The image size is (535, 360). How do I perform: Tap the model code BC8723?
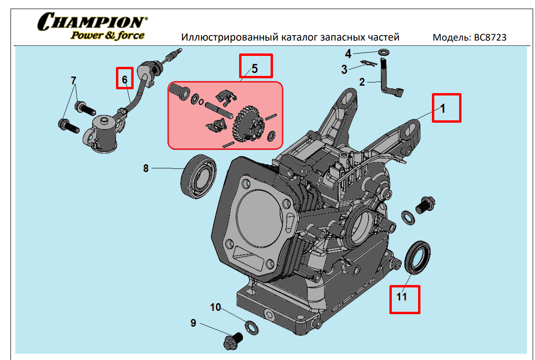point(490,37)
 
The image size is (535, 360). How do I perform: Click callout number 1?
point(442,108)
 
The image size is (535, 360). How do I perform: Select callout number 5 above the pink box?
point(255,68)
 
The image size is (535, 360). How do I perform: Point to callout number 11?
point(401,296)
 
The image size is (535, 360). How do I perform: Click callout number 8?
point(146,168)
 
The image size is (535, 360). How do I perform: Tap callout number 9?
point(193,323)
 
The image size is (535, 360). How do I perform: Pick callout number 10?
point(216,307)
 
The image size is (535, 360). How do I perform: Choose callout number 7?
point(73,81)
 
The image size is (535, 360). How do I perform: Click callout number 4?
point(348,53)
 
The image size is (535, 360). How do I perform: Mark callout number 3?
point(344,69)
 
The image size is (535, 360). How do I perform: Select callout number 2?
point(362,82)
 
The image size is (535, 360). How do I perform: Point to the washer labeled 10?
point(252,328)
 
